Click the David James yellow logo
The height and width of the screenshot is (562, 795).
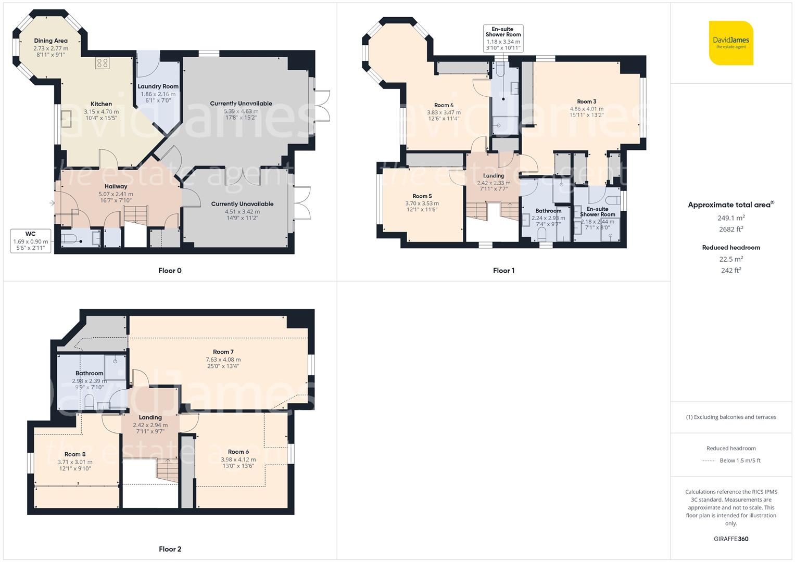pyautogui.click(x=731, y=43)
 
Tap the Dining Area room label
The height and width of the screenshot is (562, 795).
pyautogui.click(x=51, y=41)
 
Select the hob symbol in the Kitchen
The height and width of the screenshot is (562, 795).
pyautogui.click(x=102, y=63)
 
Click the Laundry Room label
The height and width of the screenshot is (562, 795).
pyautogui.click(x=158, y=86)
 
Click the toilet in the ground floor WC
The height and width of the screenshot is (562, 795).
pyautogui.click(x=69, y=239)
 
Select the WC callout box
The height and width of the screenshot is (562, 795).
pyautogui.click(x=30, y=241)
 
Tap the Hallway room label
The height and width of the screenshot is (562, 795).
pyautogui.click(x=116, y=186)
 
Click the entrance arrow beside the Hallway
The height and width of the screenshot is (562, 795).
pyautogui.click(x=52, y=203)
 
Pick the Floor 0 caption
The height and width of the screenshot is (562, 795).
pyautogui.click(x=170, y=271)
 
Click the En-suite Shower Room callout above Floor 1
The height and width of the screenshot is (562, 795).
pyautogui.click(x=503, y=39)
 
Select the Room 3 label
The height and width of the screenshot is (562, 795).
pyautogui.click(x=586, y=101)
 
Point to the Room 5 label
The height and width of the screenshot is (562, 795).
pyautogui.click(x=422, y=196)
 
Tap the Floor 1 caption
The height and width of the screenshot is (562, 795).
pyautogui.click(x=503, y=271)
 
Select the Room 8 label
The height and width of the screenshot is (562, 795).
pyautogui.click(x=75, y=454)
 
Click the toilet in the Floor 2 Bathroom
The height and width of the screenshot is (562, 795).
pyautogui.click(x=89, y=401)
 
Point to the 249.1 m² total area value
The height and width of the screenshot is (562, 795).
pyautogui.click(x=731, y=218)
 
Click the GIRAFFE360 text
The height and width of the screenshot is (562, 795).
pyautogui.click(x=731, y=539)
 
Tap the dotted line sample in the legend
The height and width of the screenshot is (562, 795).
pyautogui.click(x=709, y=461)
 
